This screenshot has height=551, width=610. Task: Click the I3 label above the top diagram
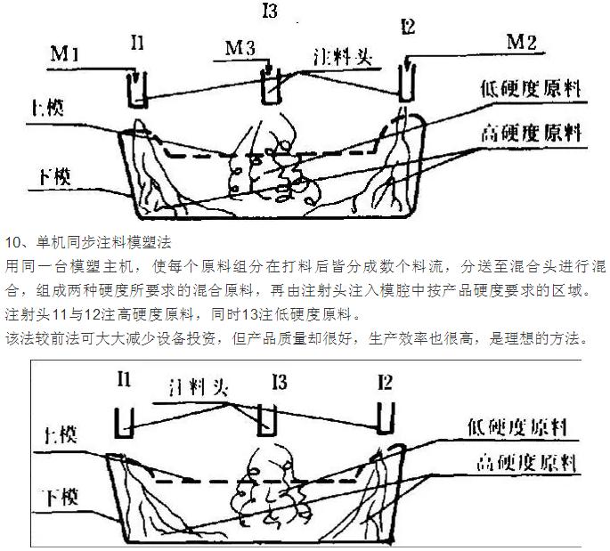click(268, 12)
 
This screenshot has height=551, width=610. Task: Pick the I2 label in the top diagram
click(408, 27)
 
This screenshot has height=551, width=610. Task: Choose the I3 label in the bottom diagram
click(278, 383)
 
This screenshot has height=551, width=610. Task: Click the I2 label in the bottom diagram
click(384, 383)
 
